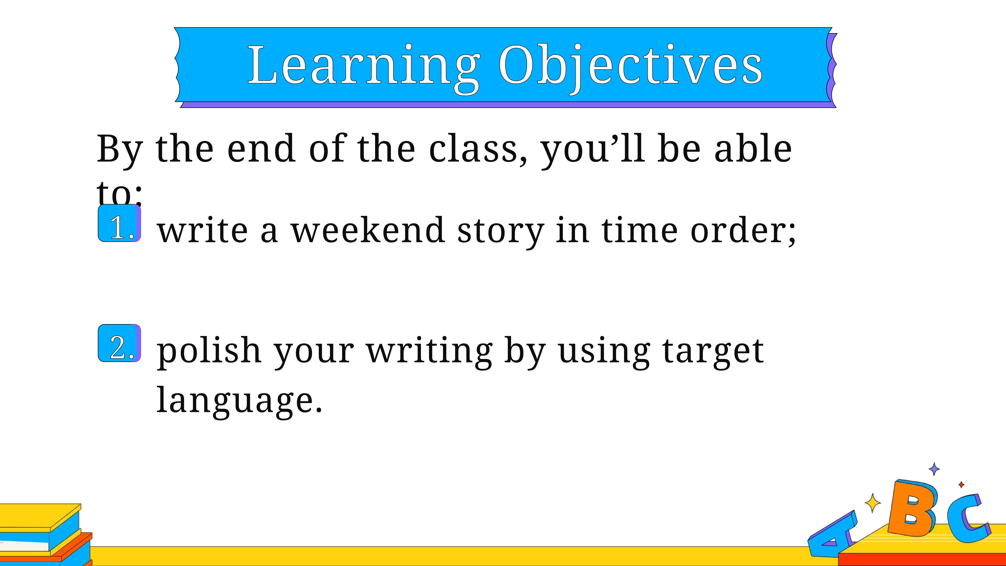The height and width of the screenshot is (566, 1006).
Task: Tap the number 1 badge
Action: pos(120,223)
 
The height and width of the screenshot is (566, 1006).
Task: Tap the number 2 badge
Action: pos(120,343)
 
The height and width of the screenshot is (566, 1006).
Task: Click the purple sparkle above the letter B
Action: pos(934,469)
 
